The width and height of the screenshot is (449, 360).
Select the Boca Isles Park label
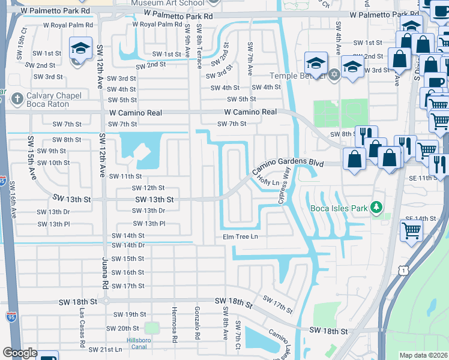(339, 208)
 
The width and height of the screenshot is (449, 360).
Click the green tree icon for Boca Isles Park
(376, 208)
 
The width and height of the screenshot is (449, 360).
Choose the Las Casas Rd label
(82, 328)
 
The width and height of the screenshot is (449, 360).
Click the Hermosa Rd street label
(175, 330)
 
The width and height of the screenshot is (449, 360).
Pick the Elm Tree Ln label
(240, 237)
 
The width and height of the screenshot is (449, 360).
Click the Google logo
(20, 353)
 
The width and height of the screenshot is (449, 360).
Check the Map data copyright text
(423, 355)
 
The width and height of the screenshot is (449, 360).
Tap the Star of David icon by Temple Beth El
(334, 75)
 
